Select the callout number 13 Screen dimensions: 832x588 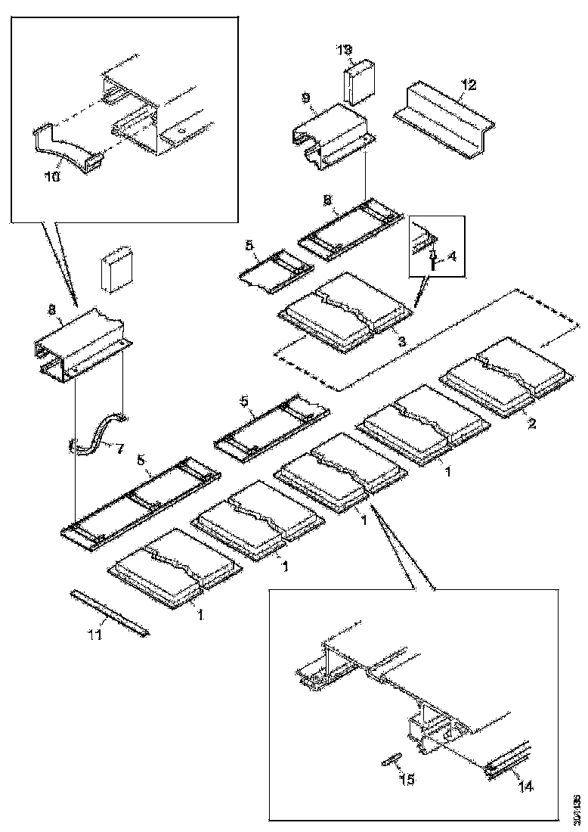click(344, 50)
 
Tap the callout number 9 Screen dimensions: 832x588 click(305, 98)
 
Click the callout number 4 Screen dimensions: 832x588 click(452, 256)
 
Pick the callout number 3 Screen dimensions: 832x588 click(402, 342)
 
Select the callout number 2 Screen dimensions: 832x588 click(531, 424)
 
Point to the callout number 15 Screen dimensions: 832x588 click(407, 779)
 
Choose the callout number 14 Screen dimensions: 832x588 click(526, 787)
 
